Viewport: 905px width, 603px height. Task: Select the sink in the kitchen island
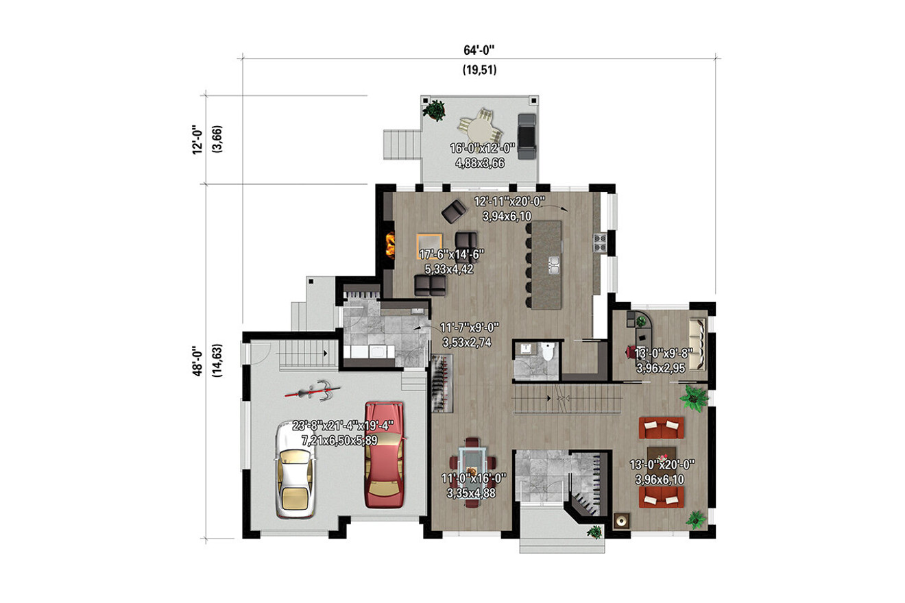(553, 263)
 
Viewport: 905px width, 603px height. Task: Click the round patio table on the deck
(478, 126)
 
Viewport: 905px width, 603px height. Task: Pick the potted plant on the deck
(435, 110)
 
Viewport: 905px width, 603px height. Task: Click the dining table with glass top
(472, 471)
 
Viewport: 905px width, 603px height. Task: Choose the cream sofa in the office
(697, 344)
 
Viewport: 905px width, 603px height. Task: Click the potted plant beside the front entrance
(594, 530)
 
